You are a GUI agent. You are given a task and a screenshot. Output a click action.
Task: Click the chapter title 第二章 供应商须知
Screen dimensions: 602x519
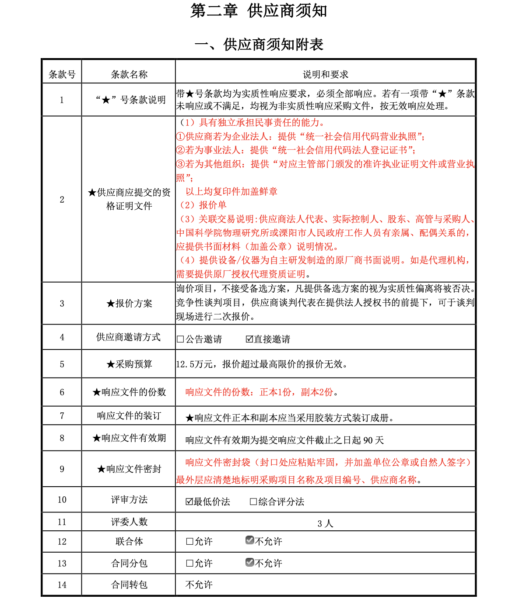point(259,11)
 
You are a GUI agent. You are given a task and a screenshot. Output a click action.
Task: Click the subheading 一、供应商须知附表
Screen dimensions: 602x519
point(259,44)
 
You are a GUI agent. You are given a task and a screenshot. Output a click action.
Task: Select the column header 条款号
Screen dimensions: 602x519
point(62,74)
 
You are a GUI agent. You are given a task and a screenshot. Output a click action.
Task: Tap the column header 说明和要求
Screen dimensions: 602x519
point(326,74)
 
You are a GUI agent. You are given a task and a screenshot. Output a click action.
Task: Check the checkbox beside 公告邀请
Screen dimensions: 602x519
point(180,339)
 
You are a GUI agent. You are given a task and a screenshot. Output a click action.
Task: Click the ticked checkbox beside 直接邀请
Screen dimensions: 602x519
point(249,339)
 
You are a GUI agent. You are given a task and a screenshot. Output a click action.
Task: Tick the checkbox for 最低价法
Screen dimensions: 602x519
point(189,502)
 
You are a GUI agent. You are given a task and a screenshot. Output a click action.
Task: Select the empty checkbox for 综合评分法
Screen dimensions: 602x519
point(253,502)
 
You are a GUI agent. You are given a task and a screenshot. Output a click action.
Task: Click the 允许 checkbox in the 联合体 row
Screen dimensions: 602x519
point(189,541)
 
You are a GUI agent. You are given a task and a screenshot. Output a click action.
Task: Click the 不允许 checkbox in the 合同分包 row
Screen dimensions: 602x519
point(249,562)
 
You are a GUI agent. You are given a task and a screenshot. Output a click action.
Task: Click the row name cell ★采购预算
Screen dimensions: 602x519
point(129,364)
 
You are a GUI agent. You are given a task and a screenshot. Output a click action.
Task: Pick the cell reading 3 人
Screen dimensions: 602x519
point(325,523)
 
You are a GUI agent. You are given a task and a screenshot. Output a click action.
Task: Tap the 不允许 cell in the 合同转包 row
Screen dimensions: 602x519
point(199,585)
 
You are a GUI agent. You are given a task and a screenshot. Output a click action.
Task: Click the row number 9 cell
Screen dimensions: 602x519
point(62,469)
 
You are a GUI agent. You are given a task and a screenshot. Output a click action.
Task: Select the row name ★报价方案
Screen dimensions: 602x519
point(129,303)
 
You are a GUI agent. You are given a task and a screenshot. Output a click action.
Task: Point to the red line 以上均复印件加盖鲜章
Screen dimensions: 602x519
point(231,191)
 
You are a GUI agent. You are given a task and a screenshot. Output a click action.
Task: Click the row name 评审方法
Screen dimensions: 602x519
point(129,499)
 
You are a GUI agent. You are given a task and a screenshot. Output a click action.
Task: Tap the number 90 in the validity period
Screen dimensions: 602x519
point(368,440)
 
